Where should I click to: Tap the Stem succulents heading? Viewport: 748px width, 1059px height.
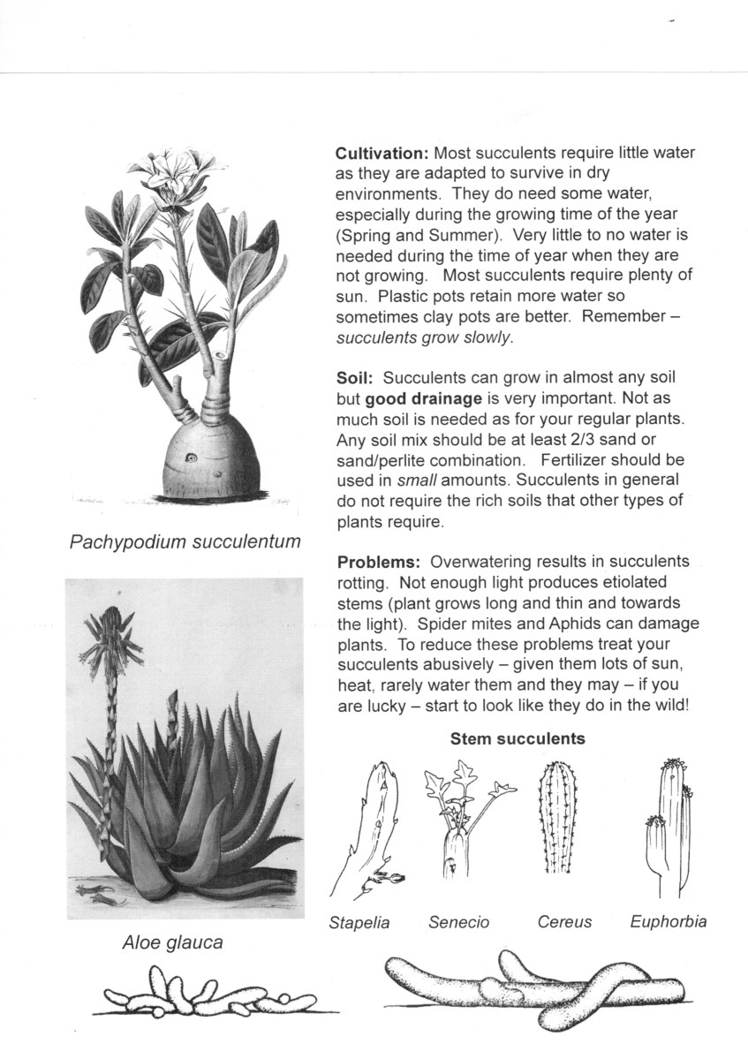click(518, 738)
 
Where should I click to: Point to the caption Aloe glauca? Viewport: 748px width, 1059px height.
click(172, 942)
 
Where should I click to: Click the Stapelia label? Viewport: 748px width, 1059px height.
click(359, 923)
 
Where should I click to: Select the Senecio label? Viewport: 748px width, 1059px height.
click(458, 923)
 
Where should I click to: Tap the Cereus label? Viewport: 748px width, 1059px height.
click(564, 923)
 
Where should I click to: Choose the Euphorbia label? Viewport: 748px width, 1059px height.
click(669, 921)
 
